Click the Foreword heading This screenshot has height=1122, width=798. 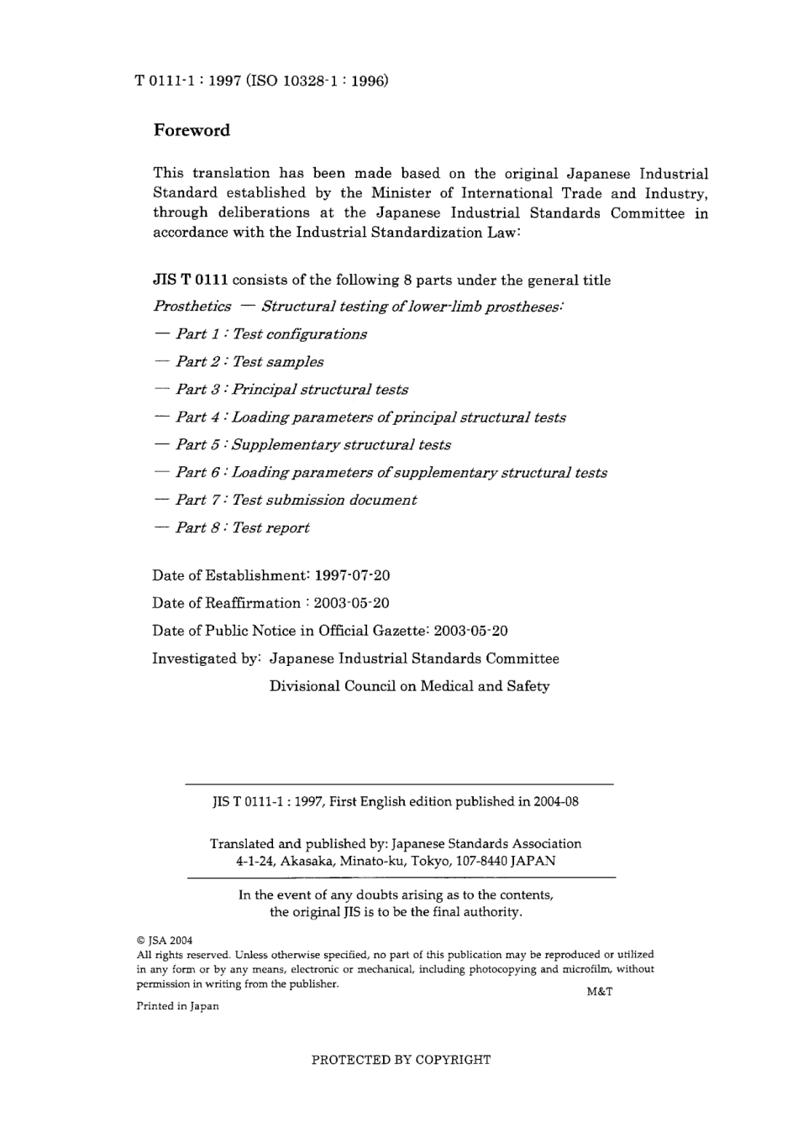pos(192,130)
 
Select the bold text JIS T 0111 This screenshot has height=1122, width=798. pos(190,280)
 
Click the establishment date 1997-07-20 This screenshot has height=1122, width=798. pos(352,576)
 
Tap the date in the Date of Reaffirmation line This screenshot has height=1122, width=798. pos(351,603)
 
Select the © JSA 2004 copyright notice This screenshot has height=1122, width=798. pos(165,941)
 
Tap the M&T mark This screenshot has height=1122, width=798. pos(599,991)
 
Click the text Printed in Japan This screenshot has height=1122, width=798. pos(177,1006)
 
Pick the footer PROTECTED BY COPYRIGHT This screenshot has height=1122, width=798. pos(401,1060)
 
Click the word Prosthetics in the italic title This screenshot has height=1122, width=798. pos(192,307)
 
